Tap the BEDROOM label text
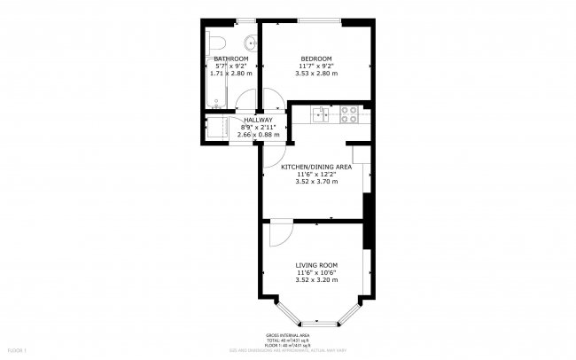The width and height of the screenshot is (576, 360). point(315,59)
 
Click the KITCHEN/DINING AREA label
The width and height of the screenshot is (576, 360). point(316,167)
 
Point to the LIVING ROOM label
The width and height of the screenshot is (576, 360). point(316,265)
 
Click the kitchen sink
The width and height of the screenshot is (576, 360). point(320,113)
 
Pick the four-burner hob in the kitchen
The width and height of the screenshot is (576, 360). point(348,113)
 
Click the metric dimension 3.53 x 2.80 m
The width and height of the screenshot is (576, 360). point(315,74)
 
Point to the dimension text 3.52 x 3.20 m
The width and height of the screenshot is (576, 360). point(316,280)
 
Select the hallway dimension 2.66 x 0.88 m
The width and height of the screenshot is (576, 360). point(258,135)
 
